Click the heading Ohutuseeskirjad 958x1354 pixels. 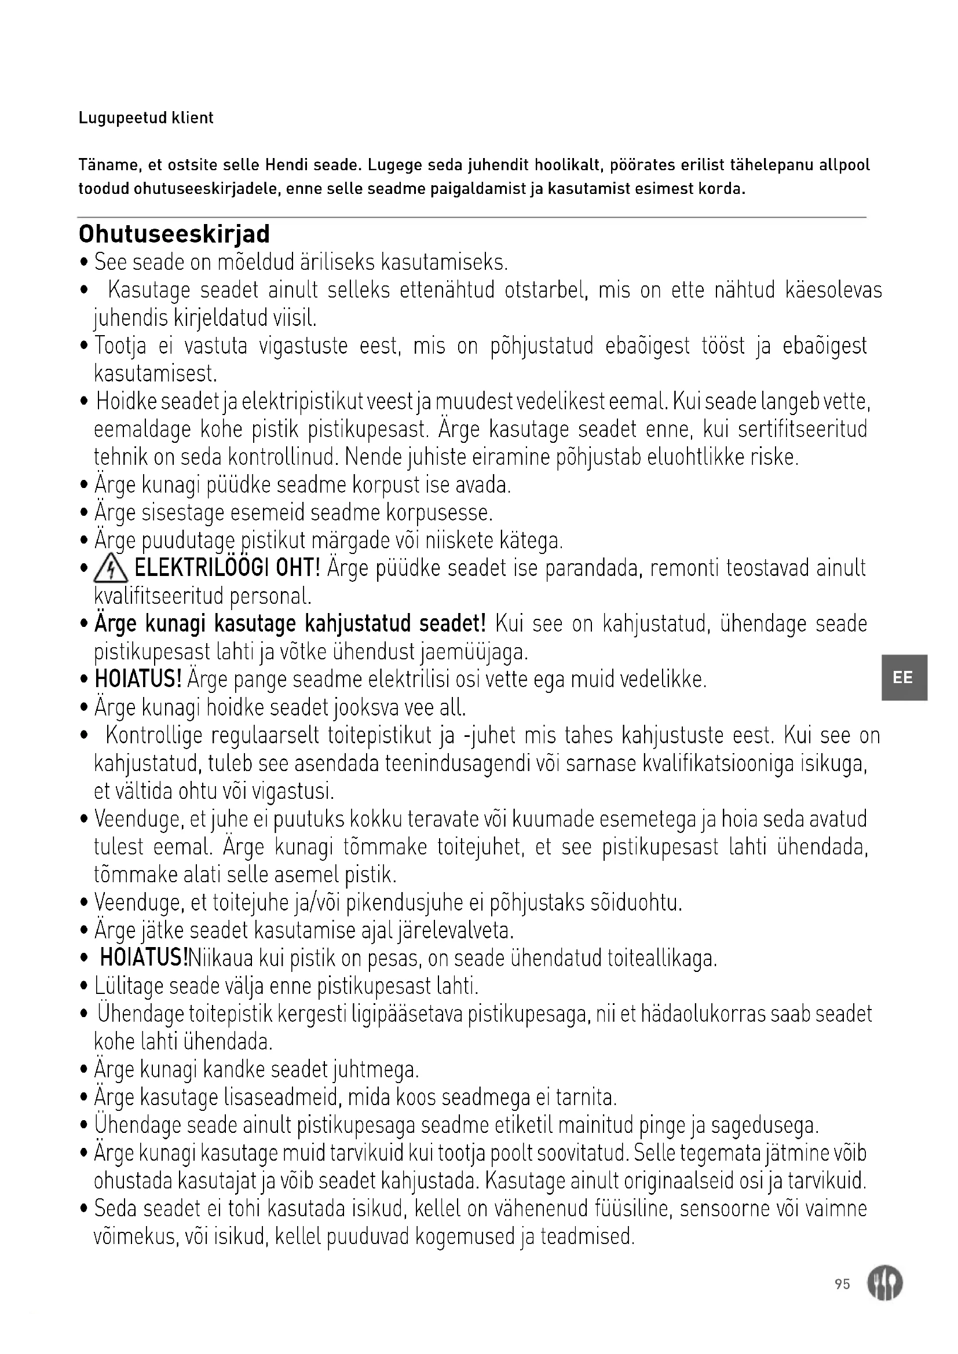coord(174,234)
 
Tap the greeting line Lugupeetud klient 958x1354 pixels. coord(146,118)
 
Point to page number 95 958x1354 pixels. coord(842,1284)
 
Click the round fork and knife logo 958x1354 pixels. coord(884,1284)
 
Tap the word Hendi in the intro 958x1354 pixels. coord(286,164)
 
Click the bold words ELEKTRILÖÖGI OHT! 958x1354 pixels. coord(227,568)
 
